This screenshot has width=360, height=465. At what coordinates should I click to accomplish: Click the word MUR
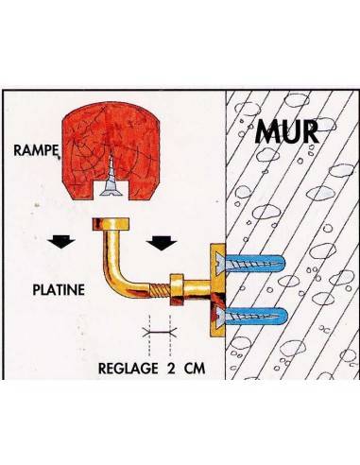286,132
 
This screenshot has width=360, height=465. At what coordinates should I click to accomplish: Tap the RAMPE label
36,150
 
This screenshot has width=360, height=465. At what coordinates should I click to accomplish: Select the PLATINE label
59,289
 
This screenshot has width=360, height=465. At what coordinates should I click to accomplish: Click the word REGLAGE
129,368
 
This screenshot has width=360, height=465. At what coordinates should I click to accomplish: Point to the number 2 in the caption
171,368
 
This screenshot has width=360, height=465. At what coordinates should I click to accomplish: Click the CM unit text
195,368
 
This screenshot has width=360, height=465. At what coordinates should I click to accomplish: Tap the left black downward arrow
61,242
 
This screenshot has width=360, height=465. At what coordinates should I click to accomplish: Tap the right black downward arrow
162,242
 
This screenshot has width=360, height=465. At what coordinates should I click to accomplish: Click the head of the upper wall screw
220,262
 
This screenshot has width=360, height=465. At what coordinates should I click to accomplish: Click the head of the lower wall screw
220,316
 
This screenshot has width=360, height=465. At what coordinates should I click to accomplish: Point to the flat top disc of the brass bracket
111,224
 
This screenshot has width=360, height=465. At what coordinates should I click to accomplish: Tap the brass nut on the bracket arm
177,290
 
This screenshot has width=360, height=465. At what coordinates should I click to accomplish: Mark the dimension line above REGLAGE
160,332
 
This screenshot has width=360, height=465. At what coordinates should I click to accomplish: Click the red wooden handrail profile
111,148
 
